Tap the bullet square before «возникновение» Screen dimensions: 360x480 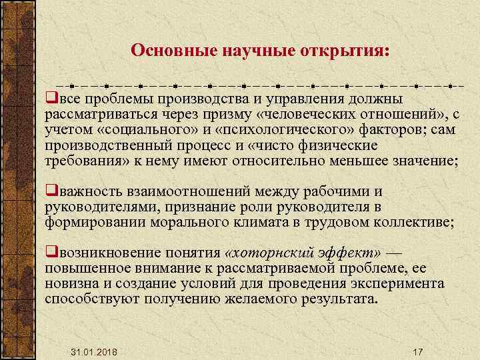pos(49,253)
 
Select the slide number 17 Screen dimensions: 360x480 pos(418,351)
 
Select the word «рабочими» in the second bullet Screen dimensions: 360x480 pos(356,192)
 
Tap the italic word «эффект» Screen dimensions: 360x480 pos(346,253)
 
